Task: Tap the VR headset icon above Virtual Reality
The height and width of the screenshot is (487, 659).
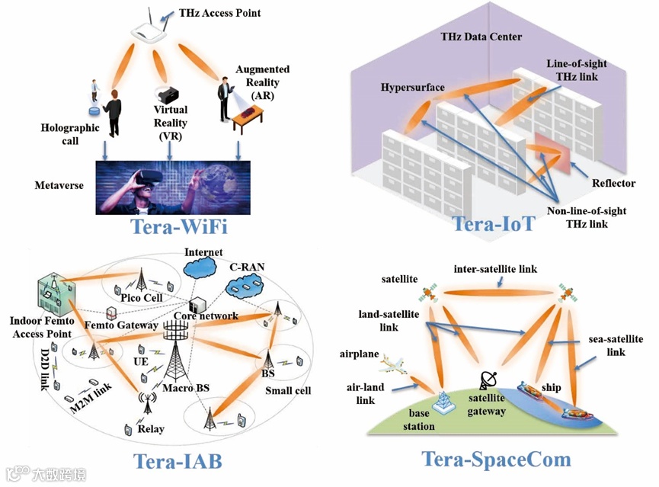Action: (166, 95)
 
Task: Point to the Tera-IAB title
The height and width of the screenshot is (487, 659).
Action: (178, 461)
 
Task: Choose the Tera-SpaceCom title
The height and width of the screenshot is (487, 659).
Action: (496, 459)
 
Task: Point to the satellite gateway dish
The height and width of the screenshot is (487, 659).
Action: (488, 381)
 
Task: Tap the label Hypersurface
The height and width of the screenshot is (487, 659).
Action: (412, 88)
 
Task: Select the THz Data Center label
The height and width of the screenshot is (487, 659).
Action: (481, 37)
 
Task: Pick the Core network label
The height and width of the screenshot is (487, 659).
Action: (206, 316)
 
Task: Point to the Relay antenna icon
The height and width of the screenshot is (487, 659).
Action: (144, 402)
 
